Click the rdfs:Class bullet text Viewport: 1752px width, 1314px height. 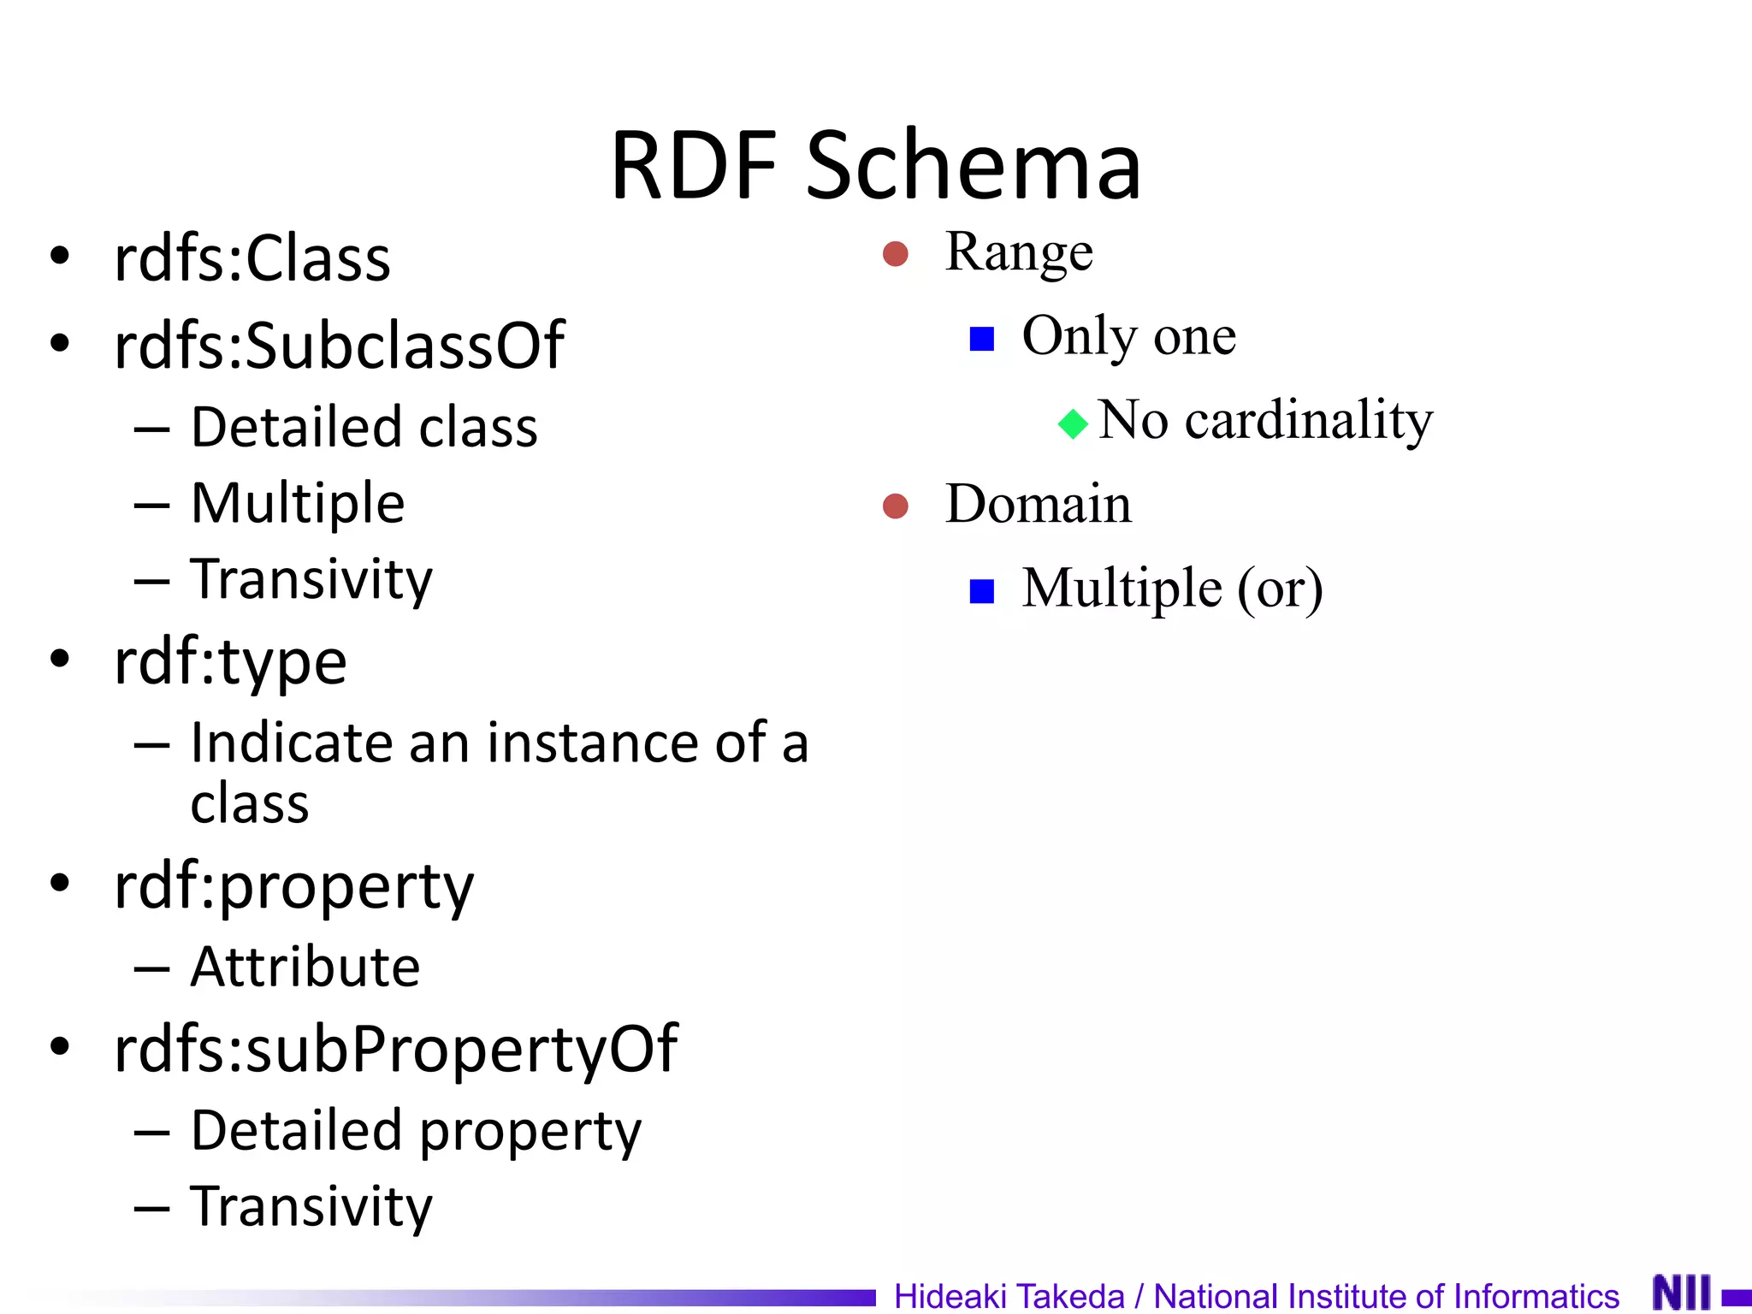coord(252,258)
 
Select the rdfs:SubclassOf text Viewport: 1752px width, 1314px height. coord(339,346)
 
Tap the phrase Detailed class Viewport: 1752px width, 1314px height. coord(364,427)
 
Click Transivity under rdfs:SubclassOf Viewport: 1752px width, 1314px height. coord(311,580)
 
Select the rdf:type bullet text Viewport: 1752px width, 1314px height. coord(230,661)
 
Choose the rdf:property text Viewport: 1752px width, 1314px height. coord(293,886)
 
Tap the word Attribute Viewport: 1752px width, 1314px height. coord(305,968)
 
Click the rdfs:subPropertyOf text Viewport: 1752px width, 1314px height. coord(395,1050)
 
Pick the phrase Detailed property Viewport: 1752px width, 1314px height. coord(415,1131)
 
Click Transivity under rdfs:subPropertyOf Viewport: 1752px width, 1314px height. coord(311,1207)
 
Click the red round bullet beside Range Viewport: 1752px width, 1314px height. coord(895,254)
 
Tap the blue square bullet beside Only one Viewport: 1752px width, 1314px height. coord(981,340)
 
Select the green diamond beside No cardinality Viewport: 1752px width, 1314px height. coord(1073,423)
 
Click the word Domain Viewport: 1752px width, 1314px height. coord(1038,504)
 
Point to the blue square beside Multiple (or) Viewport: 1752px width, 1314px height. coord(981,591)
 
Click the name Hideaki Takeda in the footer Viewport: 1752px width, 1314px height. coord(1009,1296)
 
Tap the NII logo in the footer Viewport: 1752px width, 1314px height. coord(1681,1293)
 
